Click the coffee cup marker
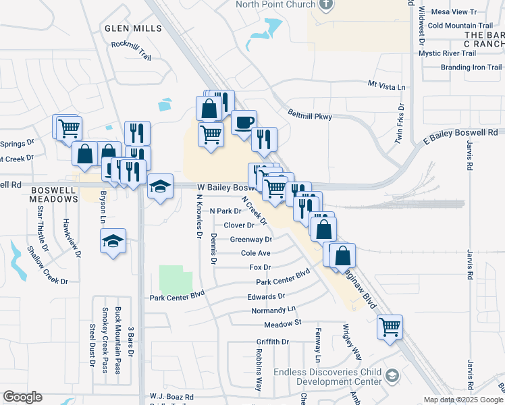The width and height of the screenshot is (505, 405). coord(244,122)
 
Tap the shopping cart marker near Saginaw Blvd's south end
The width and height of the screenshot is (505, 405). coord(390,327)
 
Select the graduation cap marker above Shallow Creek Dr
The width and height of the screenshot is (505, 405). coord(113,241)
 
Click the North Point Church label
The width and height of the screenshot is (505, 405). coord(275,5)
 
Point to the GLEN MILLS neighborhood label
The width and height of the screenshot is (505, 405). coord(134,28)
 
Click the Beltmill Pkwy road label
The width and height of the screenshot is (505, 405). coord(310,115)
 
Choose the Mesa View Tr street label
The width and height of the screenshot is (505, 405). coord(453,12)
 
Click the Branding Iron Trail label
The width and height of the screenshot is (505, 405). coord(471,67)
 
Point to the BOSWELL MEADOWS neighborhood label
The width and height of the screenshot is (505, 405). coord(54,195)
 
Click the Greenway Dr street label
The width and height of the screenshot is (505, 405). coord(250,239)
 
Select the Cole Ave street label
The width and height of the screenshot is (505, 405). coord(255,253)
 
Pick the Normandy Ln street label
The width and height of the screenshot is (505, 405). coord(273,310)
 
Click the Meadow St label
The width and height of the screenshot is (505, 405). coord(282,324)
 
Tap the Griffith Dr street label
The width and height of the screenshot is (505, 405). coord(272,342)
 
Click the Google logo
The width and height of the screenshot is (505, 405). coord(22,397)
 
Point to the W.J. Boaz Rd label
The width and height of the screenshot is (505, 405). coord(171,397)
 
